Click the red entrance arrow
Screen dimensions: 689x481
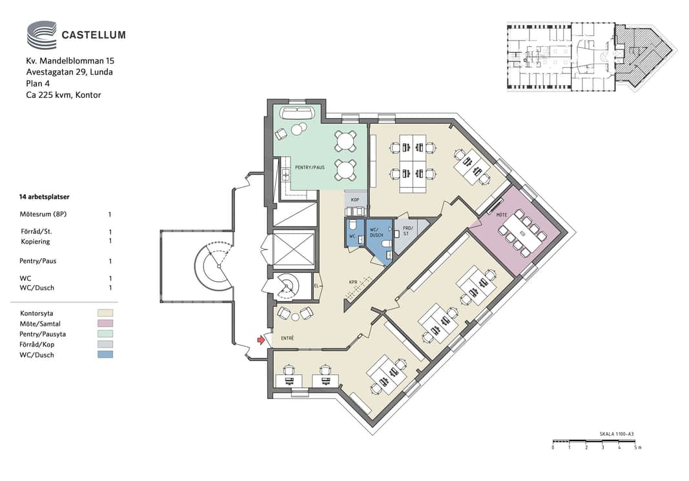coord(261,340)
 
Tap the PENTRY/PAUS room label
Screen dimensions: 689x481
coord(310,167)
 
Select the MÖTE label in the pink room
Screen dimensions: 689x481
coord(501,215)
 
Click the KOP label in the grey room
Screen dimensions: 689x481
coord(355,200)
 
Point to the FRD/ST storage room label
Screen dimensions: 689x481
coord(407,231)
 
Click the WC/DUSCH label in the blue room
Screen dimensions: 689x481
coord(376,232)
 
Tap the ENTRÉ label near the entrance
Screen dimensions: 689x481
coord(287,338)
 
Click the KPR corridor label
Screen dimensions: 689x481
coord(353,282)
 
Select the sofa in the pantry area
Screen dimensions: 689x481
coord(296,113)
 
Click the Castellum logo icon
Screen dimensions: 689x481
coord(42,35)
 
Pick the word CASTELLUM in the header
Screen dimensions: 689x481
coord(94,35)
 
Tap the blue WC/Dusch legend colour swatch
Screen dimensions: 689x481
coord(105,355)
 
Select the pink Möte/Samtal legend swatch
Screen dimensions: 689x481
coord(105,324)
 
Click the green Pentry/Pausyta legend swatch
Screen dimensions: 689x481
coord(105,334)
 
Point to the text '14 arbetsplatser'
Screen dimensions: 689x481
coord(44,197)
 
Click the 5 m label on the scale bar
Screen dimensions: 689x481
coord(637,447)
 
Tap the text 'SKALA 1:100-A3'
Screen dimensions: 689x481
coord(617,434)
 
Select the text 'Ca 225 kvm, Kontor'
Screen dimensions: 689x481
coord(64,95)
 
